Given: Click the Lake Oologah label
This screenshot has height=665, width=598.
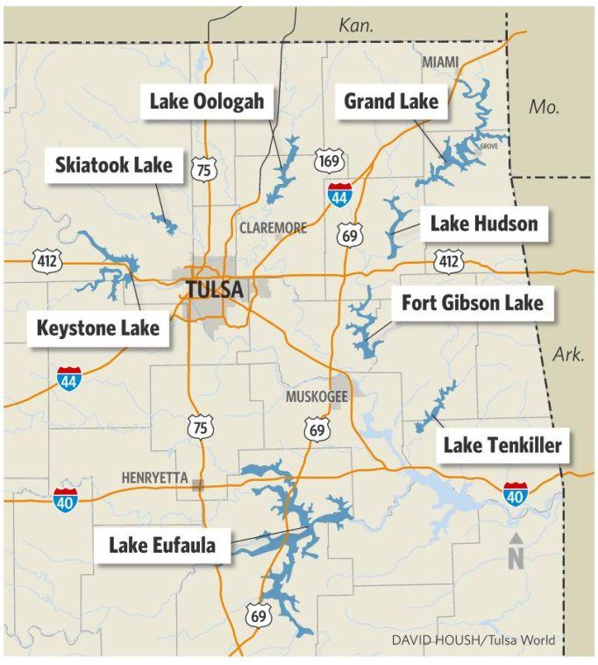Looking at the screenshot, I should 206,102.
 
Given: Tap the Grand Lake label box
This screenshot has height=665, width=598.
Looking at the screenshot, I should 390,102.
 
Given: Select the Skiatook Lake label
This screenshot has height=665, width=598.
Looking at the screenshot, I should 114,165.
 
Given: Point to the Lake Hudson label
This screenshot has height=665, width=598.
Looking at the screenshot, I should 483,224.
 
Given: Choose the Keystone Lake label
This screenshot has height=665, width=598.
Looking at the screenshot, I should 98,329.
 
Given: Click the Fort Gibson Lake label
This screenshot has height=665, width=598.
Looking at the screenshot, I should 472,303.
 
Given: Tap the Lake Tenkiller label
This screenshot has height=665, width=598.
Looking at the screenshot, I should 502,446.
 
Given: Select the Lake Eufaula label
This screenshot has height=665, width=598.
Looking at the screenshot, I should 162,545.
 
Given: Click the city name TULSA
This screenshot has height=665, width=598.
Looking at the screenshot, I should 214,289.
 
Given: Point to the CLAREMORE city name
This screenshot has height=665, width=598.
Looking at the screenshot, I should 273,228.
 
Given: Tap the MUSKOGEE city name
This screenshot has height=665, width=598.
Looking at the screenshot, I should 317,397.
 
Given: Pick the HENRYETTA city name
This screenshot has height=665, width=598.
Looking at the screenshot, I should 154,478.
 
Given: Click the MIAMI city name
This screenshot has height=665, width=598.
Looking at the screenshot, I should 440,63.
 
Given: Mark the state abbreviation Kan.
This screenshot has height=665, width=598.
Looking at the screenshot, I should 356,26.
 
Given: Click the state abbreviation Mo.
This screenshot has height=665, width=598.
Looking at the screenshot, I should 544,107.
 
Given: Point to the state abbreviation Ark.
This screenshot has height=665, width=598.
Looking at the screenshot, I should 568,354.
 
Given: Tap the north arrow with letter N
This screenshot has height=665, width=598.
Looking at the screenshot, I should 516,552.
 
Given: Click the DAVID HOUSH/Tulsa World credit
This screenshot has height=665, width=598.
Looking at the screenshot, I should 473,640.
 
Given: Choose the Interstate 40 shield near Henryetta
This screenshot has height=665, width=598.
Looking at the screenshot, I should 65,499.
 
